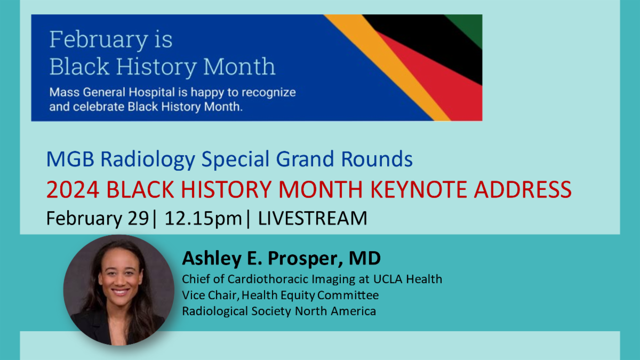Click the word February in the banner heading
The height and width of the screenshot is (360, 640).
(x=98, y=40)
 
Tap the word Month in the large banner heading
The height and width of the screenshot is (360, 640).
(x=239, y=66)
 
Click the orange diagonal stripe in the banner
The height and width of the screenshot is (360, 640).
(x=389, y=69)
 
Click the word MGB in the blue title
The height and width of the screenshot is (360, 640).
(x=70, y=159)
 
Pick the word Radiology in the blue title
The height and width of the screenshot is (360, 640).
(x=148, y=159)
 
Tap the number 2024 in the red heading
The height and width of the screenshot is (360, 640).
(x=73, y=189)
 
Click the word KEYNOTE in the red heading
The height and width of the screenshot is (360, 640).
(x=418, y=189)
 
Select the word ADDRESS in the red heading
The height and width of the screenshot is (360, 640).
(x=523, y=189)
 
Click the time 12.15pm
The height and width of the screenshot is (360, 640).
(x=203, y=219)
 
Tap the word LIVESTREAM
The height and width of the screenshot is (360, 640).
(x=313, y=218)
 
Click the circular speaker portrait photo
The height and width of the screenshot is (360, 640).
(x=119, y=290)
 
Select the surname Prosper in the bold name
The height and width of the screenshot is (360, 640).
(x=305, y=259)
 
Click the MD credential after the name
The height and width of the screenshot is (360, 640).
(x=365, y=258)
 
